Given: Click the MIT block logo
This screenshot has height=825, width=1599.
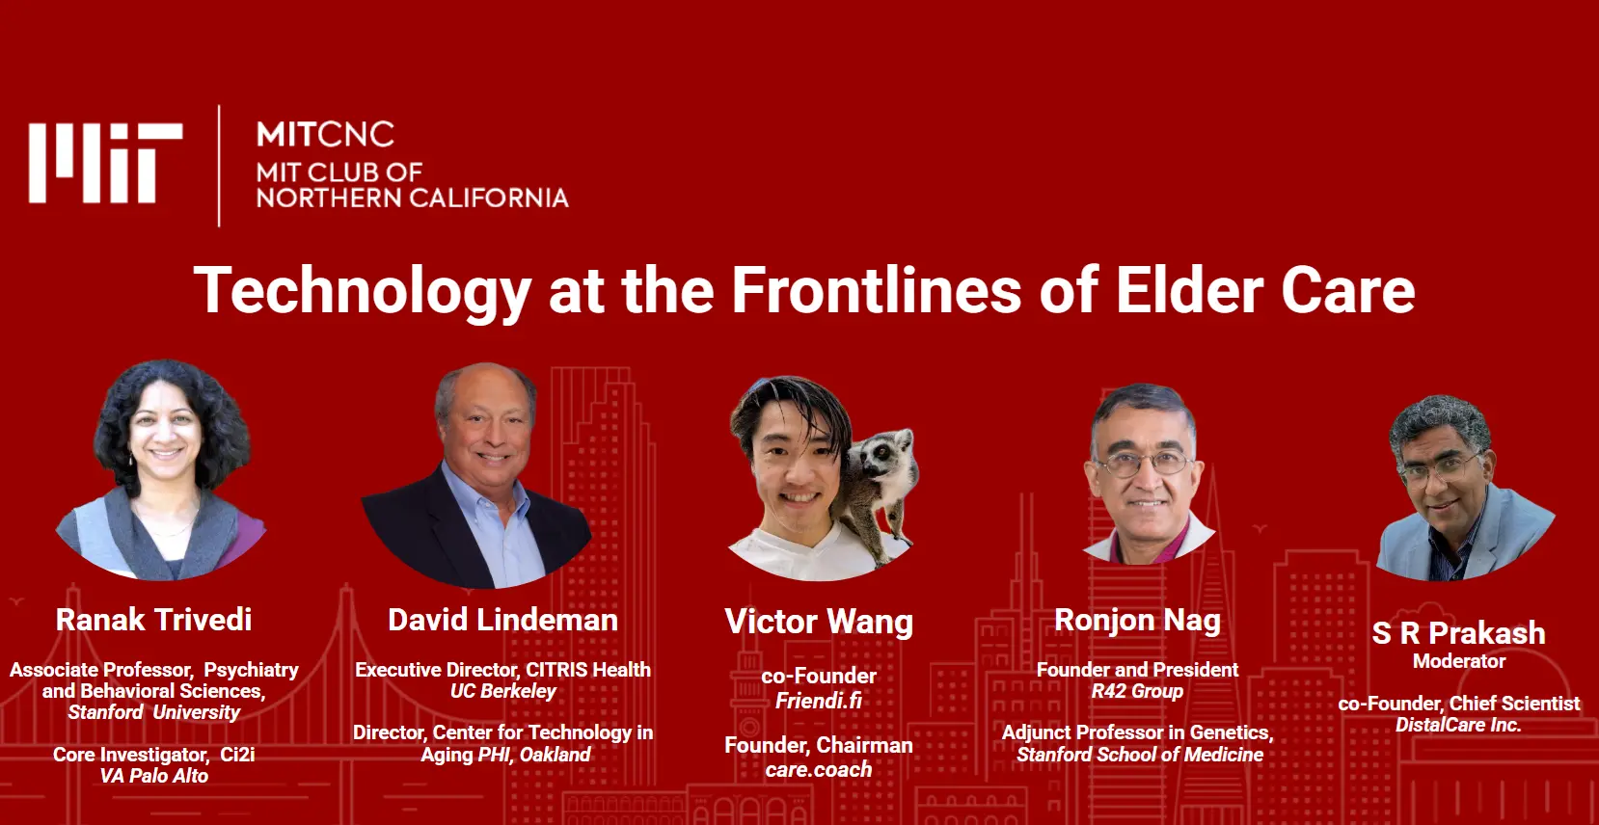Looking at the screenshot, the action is point(106,163).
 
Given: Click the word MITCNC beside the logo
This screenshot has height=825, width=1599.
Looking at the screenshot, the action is point(326,134).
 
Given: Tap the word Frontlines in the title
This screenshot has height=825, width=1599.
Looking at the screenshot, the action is point(877,290).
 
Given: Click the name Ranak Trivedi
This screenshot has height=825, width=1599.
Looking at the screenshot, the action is point(154,620).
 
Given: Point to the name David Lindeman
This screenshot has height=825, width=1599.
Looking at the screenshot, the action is point(502,620).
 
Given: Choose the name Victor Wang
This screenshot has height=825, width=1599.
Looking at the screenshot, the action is point(819,622).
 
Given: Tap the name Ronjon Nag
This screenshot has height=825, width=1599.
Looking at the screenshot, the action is point(1137,621).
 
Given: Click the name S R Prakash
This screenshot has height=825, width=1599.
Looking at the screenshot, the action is point(1458,633).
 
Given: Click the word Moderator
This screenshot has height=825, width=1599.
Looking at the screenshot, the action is point(1459,661).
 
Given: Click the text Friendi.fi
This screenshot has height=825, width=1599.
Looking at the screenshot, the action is point(819,701).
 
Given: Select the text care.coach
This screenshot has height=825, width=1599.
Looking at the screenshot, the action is point(819,769).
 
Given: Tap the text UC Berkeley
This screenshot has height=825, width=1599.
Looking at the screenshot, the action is point(503,692).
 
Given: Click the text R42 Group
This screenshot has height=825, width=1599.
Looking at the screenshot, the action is point(1137,692).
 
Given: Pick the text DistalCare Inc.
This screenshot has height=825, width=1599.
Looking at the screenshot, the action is point(1458,725).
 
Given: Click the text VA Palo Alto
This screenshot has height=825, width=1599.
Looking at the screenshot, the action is point(154,776).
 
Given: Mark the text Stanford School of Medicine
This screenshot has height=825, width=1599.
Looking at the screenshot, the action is point(1140,755).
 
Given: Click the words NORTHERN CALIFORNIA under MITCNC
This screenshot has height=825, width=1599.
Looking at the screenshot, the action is point(413,198).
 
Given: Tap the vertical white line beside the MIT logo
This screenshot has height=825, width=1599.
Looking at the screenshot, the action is point(219,166).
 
